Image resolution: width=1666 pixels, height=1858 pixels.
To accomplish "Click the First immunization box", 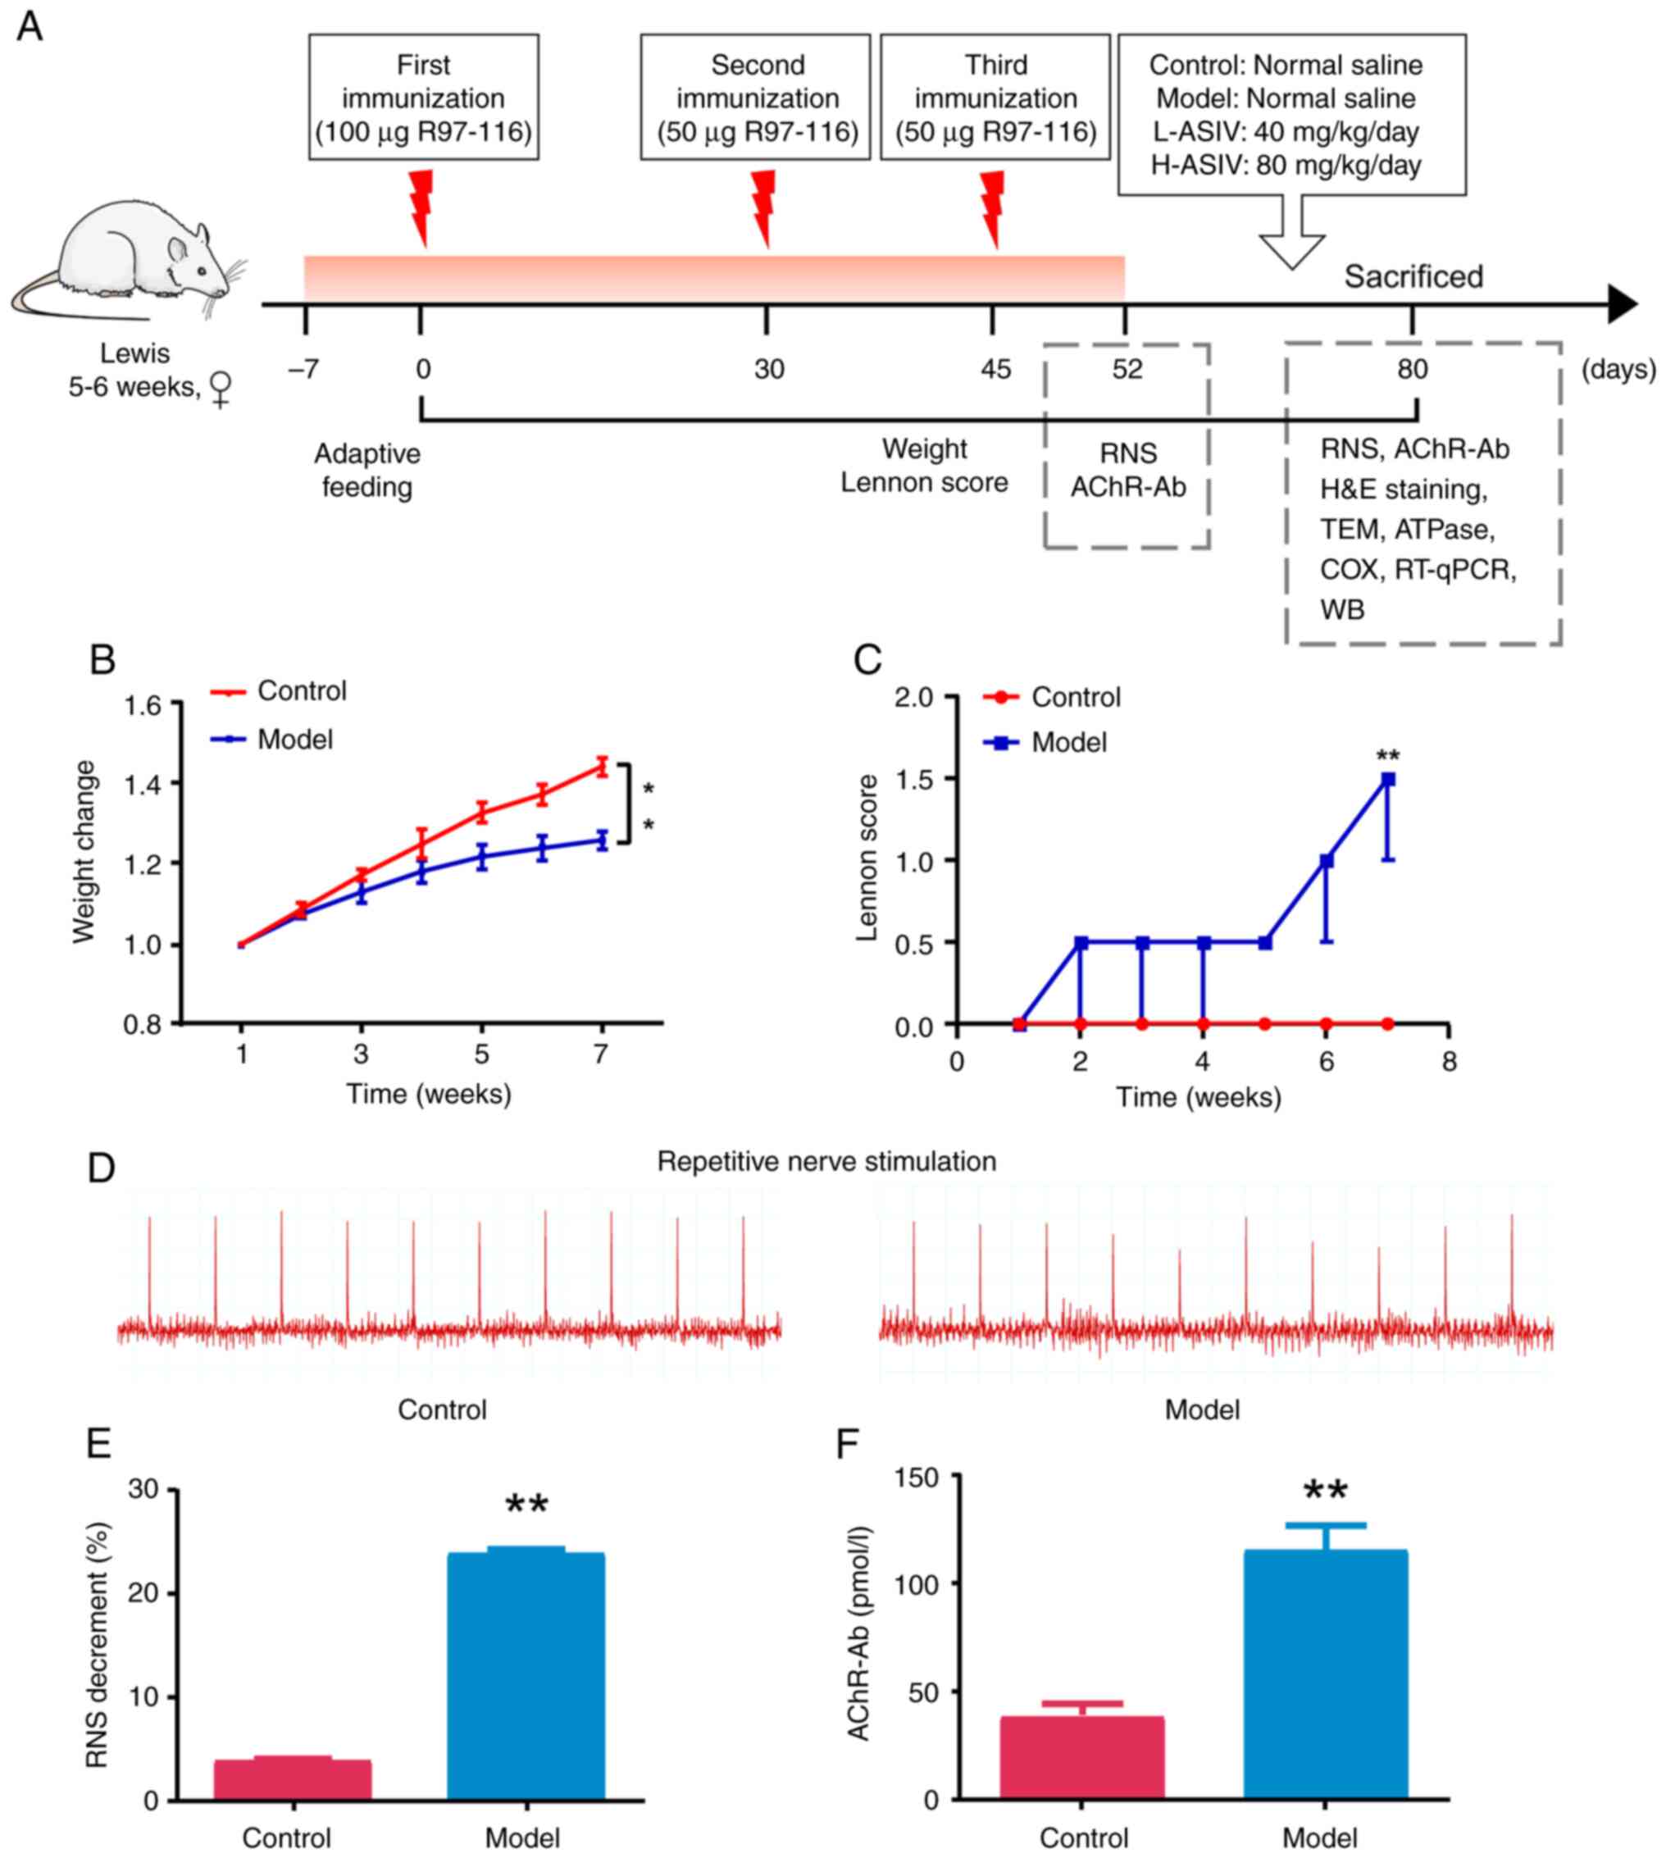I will (x=423, y=97).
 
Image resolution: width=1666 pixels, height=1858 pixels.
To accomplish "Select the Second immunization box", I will (x=756, y=97).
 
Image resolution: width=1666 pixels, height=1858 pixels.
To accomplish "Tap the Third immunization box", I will (x=995, y=97).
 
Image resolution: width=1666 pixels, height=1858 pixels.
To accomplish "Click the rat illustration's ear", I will (x=198, y=235).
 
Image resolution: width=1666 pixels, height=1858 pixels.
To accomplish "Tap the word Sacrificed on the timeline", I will (x=1413, y=276).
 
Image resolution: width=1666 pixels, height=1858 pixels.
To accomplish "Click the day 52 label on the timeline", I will (x=1127, y=369).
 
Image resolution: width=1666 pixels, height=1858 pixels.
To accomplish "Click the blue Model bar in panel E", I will (x=526, y=1677).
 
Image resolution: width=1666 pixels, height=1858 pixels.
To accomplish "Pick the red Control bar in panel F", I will (x=1081, y=1757).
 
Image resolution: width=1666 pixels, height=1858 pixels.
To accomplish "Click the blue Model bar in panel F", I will (x=1325, y=1675).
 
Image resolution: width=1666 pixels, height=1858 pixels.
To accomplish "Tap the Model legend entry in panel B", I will (x=294, y=739).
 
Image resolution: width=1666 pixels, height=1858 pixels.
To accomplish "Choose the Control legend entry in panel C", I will (x=1075, y=698).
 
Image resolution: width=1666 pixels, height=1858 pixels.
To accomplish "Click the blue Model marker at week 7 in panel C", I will (x=1388, y=779).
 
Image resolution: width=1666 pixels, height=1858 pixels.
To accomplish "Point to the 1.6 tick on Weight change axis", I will (x=143, y=705).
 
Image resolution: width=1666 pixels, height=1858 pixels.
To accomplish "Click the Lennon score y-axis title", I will (x=867, y=858).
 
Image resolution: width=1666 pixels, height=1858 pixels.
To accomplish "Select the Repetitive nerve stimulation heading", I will (x=826, y=1162).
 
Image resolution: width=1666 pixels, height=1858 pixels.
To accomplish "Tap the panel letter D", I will (x=101, y=1168).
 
